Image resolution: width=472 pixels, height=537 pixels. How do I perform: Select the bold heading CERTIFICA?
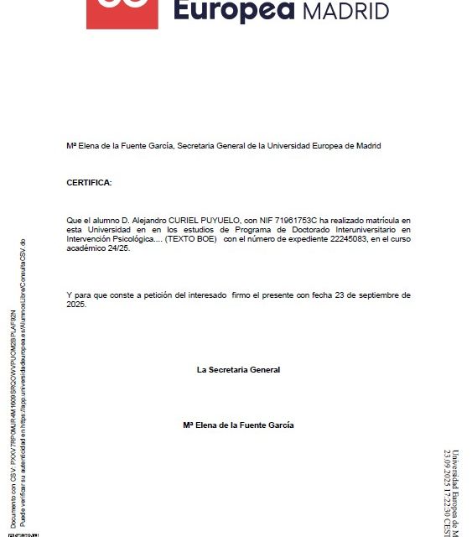(x=88, y=182)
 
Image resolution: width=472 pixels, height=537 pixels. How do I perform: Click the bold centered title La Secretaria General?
(x=238, y=369)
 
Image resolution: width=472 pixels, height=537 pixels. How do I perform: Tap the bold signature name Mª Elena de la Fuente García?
(x=238, y=425)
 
